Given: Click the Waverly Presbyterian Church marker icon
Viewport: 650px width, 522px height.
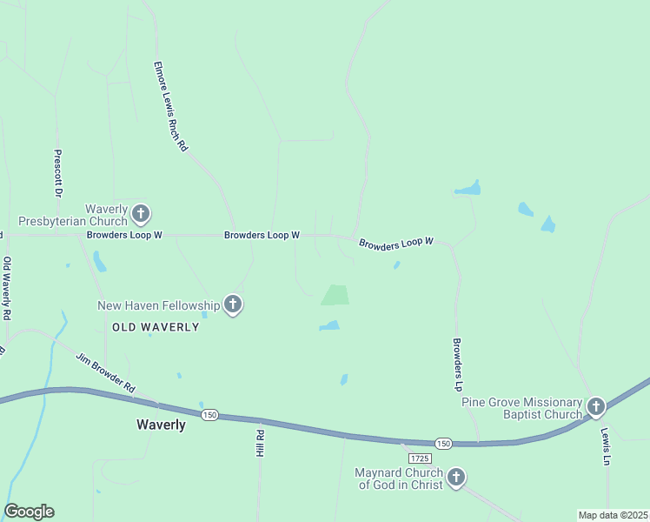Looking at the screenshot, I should click(142, 213).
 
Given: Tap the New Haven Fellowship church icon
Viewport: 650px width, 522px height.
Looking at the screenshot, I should click(232, 304).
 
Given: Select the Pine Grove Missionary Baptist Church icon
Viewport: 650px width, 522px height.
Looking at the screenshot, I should click(595, 406).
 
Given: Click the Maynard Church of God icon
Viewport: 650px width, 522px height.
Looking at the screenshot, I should click(455, 477).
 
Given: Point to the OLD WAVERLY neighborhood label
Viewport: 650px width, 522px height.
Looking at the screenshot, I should click(156, 327).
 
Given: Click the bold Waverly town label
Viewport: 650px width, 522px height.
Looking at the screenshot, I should click(161, 425).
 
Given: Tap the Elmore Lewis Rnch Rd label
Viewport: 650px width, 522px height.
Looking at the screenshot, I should click(170, 107).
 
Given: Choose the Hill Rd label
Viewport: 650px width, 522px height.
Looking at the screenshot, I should click(259, 443).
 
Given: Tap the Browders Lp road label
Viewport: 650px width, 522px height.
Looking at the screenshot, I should click(455, 363).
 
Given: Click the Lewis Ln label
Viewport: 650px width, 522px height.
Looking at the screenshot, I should click(605, 445).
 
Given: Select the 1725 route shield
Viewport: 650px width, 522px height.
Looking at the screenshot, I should click(419, 458).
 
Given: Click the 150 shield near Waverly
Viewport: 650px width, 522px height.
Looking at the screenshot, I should click(209, 416).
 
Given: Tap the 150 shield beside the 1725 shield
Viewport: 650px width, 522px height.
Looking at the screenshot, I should click(443, 443).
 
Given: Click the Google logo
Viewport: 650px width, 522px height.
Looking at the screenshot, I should click(29, 512).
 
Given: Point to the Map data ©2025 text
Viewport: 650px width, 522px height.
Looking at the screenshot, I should click(613, 515).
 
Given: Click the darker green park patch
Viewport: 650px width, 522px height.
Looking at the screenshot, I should click(335, 295).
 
